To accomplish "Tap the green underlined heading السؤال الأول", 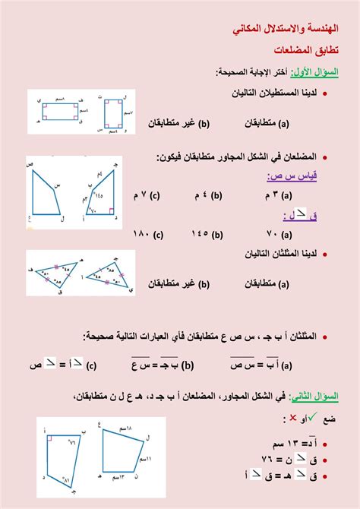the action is pyautogui.click(x=319, y=72).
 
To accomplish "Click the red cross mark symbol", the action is pyautogui.click(x=293, y=419).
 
